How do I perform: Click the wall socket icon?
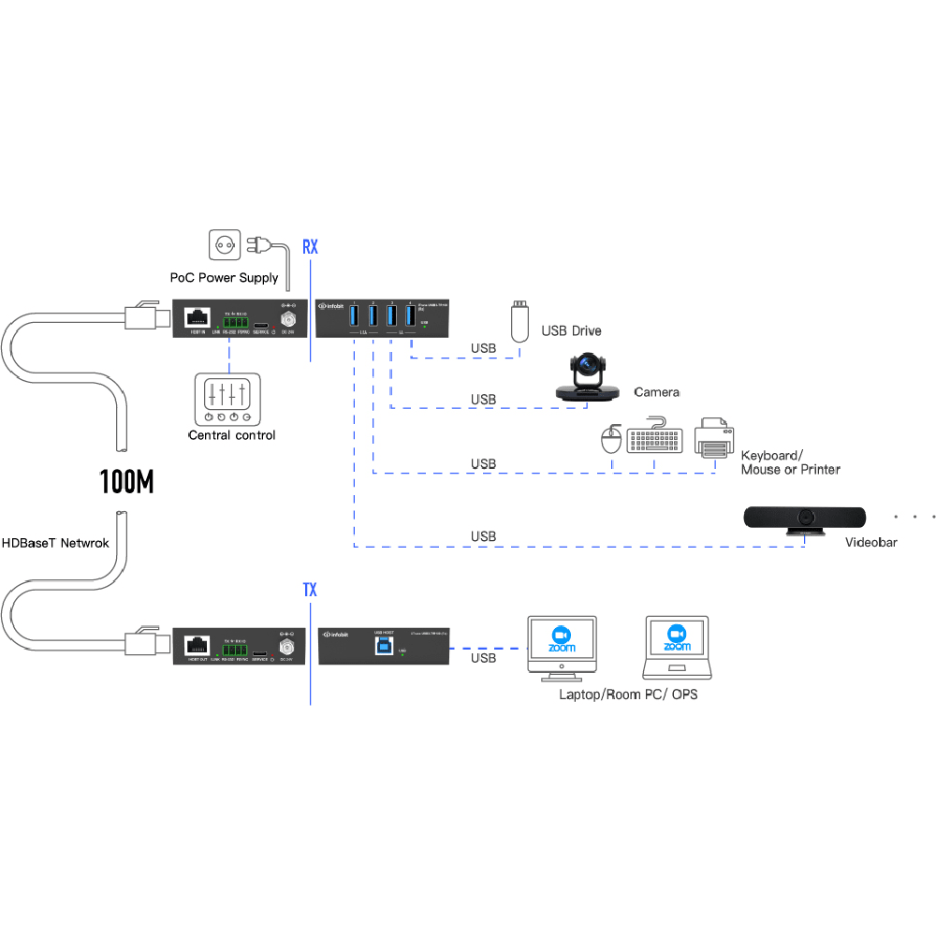click(225, 246)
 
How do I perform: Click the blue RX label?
click(310, 247)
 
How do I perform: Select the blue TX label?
click(310, 590)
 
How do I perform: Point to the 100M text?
click(126, 481)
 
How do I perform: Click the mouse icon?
click(612, 439)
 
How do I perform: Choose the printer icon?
click(712, 437)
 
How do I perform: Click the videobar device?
click(805, 519)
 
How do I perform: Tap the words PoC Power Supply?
click(224, 278)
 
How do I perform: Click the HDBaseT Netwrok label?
click(55, 542)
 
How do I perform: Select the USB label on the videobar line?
click(483, 536)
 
